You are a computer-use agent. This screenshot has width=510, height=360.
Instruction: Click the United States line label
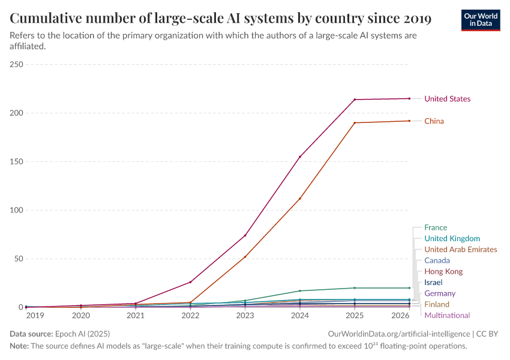(447, 99)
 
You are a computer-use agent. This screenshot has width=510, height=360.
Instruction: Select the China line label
(434, 121)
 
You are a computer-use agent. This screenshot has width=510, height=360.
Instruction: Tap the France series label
(436, 227)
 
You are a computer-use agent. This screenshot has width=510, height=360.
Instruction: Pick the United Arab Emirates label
(460, 250)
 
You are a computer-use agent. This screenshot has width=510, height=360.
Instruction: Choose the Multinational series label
(447, 316)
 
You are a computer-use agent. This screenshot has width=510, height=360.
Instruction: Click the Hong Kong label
(443, 272)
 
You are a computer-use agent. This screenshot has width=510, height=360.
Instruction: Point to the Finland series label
(436, 305)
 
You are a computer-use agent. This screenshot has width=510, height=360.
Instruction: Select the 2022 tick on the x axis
(190, 315)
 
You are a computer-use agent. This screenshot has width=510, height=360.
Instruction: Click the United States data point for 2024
(300, 157)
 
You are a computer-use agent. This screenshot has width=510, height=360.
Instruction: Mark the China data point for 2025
(355, 123)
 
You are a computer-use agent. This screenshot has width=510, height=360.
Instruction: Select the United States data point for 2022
(190, 282)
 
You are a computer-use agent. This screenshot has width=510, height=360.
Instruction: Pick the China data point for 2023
(245, 257)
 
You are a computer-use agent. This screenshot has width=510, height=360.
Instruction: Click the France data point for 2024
(300, 291)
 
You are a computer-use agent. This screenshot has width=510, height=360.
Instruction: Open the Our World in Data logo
(480, 19)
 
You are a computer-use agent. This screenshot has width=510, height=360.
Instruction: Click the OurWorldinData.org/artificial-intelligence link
(399, 334)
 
